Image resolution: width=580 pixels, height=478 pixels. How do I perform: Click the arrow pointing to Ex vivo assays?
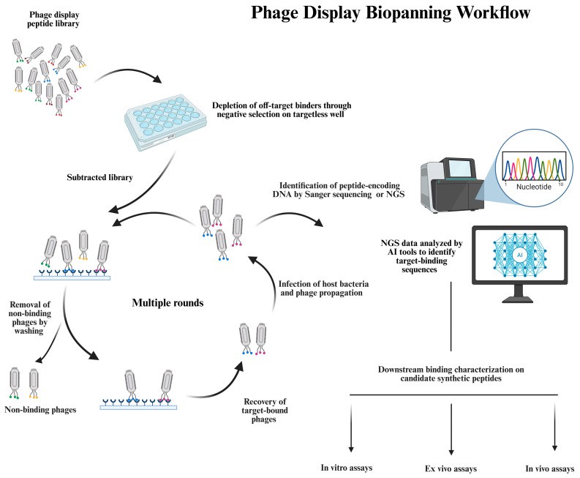coord(451,425)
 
